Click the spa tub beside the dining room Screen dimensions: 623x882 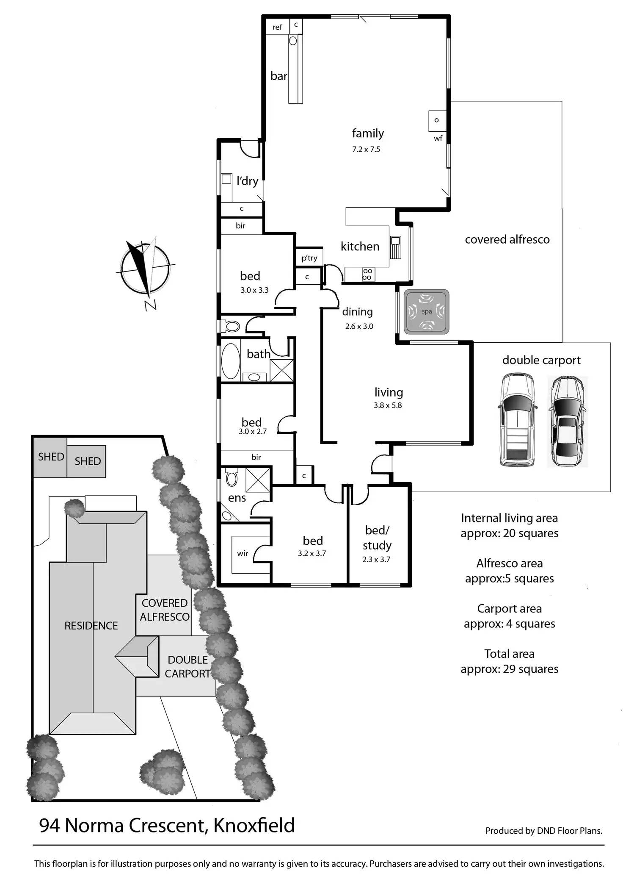tap(426, 312)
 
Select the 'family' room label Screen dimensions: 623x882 tap(368, 133)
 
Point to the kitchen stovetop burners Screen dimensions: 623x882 tap(367, 274)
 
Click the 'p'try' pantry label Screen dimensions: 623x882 tap(309, 258)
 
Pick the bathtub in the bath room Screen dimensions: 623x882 tap(230, 361)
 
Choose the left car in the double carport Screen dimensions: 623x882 tap(517, 420)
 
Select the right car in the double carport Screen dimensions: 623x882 tap(567, 422)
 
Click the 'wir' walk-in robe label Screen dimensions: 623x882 tap(243, 553)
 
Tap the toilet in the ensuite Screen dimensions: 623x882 tap(232, 477)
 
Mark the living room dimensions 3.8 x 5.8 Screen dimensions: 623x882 tap(388, 405)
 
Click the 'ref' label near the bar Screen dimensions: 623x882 tap(277, 28)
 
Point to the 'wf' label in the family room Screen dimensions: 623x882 tap(438, 138)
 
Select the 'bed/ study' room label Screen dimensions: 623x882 tap(377, 538)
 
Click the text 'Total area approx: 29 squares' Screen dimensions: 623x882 tap(509, 661)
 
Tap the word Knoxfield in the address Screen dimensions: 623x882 tap(254, 826)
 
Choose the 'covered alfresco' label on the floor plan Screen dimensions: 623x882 tap(507, 240)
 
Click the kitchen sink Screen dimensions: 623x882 tap(395, 247)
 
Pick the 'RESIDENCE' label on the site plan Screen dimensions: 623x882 tap(91, 626)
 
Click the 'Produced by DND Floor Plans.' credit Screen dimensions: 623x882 tap(543, 831)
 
